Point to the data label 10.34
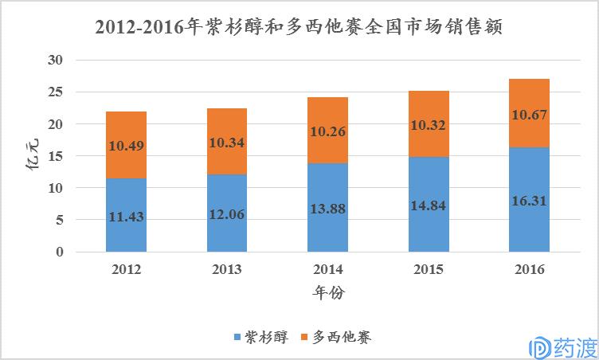click(x=227, y=143)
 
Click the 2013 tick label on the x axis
click(x=227, y=269)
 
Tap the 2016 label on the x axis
click(x=529, y=269)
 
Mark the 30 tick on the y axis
click(x=55, y=61)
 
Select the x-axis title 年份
click(x=327, y=293)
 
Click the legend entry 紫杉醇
click(x=260, y=337)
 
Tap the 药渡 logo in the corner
click(x=562, y=343)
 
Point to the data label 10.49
click(x=126, y=146)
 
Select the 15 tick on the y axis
click(x=55, y=157)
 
